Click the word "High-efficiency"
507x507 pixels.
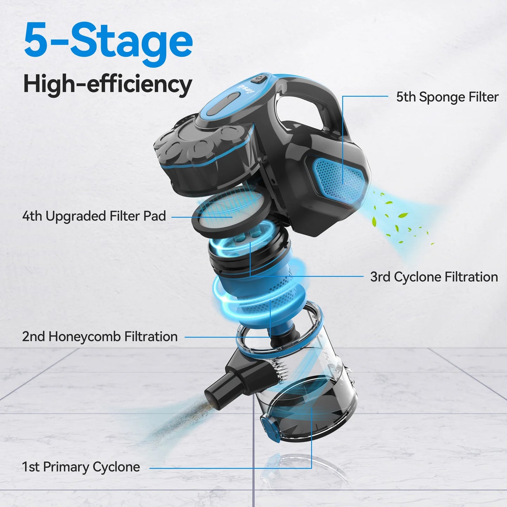pos(107,84)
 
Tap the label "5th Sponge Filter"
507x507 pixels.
pos(447,97)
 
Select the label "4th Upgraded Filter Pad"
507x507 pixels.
pos(94,216)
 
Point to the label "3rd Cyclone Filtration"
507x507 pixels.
pos(434,277)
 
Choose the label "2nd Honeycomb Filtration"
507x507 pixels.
pos(100,336)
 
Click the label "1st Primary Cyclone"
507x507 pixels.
pos(81,467)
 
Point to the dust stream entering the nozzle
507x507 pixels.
pos(175,421)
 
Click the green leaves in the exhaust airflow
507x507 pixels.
pos(396,218)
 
